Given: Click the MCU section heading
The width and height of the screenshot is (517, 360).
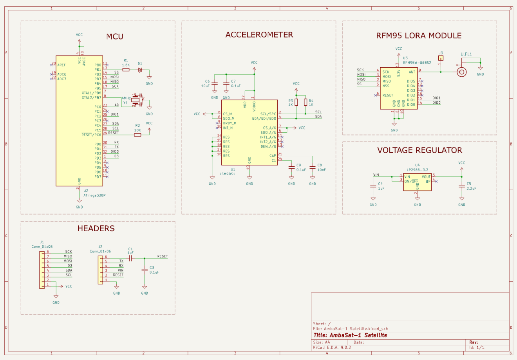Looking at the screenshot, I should click(114, 36).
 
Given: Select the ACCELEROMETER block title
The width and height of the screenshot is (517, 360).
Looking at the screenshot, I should click(259, 35).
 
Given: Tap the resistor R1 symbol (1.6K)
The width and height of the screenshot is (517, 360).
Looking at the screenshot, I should click(126, 70).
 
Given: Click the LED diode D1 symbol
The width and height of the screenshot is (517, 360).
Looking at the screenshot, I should click(140, 70).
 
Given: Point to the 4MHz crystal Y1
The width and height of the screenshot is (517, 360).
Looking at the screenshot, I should click(136, 100).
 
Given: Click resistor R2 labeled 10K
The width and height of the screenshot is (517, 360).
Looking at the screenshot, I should click(137, 135).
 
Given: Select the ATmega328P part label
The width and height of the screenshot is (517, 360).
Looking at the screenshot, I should click(94, 195).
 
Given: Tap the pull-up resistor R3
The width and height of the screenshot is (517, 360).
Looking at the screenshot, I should click(296, 103).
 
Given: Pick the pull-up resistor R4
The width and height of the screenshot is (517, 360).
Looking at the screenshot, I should click(305, 103).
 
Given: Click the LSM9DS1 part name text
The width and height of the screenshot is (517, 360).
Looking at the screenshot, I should click(227, 174).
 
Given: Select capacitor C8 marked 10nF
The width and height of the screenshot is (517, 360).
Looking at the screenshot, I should click(312, 167).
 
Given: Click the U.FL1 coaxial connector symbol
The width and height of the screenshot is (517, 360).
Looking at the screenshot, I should click(462, 72).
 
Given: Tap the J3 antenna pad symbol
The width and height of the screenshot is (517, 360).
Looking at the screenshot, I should click(441, 58).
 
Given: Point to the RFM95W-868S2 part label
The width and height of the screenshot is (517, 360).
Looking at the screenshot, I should click(417, 63).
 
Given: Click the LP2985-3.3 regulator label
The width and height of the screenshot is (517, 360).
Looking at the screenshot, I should click(417, 170).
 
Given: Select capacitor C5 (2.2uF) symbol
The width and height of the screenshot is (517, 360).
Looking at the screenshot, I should click(462, 186).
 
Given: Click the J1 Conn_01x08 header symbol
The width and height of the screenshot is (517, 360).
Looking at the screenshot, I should click(42, 270).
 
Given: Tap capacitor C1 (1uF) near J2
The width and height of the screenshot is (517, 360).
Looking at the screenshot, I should click(130, 258).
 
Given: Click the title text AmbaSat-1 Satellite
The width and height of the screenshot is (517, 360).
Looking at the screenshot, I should click(350, 335).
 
